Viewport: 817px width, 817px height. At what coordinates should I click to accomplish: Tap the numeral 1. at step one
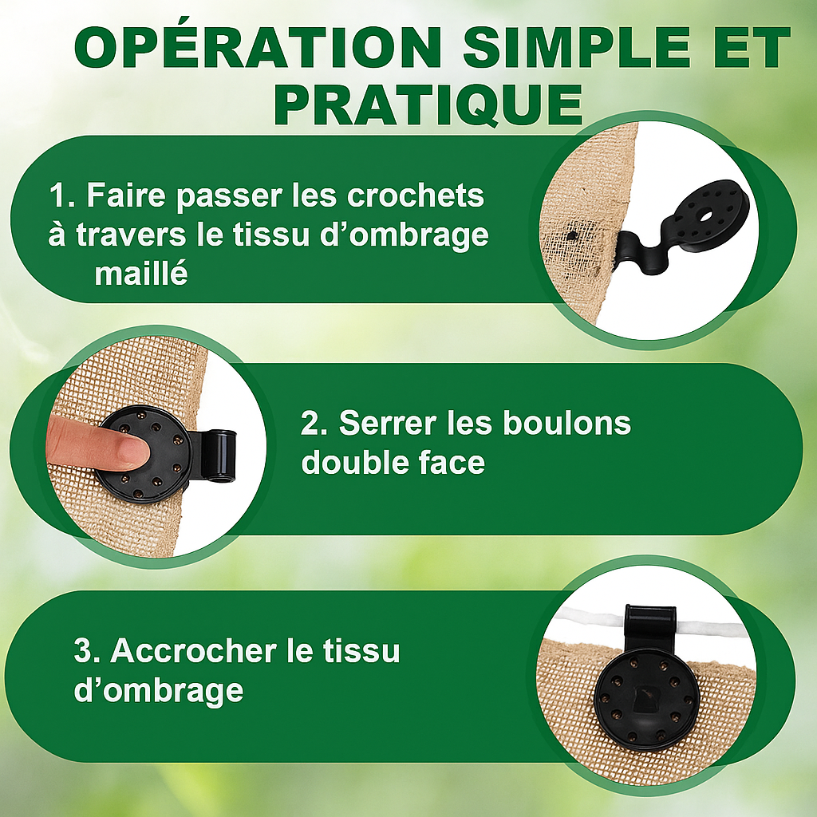click(x=63, y=196)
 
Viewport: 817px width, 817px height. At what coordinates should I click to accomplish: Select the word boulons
click(x=566, y=423)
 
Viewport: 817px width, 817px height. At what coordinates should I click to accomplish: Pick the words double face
click(x=393, y=462)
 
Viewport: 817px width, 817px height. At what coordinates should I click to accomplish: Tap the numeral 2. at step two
click(x=314, y=423)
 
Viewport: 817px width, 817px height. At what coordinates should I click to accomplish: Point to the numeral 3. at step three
click(x=88, y=651)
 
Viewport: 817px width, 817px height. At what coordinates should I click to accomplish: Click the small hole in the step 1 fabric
click(x=572, y=235)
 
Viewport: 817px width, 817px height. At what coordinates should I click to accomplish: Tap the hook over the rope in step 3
click(x=650, y=625)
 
